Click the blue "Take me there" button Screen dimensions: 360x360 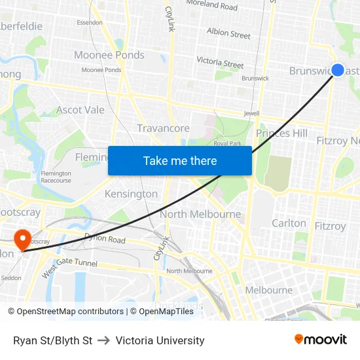(180, 160)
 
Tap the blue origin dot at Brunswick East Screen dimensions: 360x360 (338, 70)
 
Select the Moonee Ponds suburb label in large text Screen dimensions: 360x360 (109, 55)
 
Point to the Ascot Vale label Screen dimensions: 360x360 (81, 110)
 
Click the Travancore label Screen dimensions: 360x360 (163, 128)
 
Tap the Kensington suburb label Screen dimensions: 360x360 (131, 194)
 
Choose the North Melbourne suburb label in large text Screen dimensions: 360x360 (200, 214)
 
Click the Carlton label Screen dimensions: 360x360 (289, 223)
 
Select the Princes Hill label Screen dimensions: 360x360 (281, 134)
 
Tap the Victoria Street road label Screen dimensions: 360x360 (221, 63)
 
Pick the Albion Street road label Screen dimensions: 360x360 (228, 33)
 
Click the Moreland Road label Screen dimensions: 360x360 (211, 6)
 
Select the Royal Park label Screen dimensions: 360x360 (228, 143)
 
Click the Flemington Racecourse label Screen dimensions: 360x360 (56, 176)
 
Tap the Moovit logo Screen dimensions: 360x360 (321, 340)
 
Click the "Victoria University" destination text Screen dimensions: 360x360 (160, 340)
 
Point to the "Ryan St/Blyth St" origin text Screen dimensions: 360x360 (52, 340)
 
